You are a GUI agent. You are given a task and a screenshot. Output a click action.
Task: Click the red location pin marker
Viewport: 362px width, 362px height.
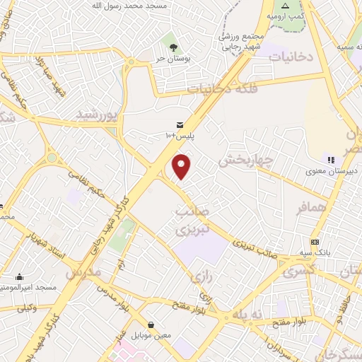[x=182, y=166]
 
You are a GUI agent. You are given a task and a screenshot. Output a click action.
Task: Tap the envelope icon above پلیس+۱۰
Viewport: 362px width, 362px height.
[x=179, y=124]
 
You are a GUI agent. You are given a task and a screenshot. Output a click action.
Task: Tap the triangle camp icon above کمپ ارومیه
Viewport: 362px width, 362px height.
[x=285, y=5]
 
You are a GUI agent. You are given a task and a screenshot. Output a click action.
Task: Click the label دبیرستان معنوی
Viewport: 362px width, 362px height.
[x=334, y=170]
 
